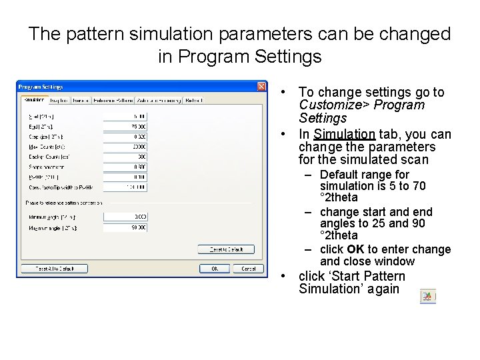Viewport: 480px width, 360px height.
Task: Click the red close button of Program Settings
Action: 262,87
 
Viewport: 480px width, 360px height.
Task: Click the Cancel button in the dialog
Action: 248,269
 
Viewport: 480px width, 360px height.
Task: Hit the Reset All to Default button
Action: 53,269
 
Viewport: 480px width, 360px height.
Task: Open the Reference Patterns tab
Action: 112,101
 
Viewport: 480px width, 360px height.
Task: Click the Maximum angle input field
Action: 125,228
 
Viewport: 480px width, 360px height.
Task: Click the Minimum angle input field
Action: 125,217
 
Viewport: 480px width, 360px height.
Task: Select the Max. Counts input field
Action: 125,146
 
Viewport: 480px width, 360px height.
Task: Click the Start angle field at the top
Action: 125,115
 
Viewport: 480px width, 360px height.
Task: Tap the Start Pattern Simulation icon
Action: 428,297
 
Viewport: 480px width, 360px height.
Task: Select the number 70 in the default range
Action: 437,185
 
